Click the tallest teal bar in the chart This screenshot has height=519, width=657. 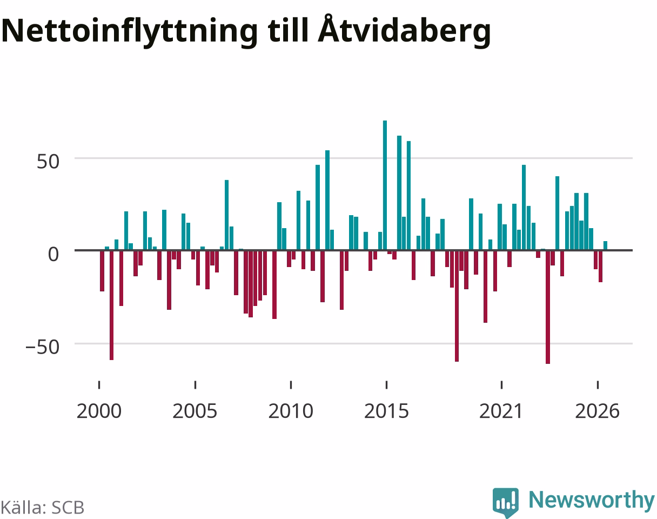click(385, 185)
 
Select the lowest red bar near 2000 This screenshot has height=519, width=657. click(111, 305)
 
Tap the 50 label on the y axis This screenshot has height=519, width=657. click(48, 162)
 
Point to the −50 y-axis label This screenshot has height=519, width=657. click(43, 347)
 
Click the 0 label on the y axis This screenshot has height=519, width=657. click(53, 254)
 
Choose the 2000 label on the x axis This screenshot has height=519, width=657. click(99, 411)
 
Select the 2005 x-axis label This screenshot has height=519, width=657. click(195, 411)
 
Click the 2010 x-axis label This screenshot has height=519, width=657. click(291, 411)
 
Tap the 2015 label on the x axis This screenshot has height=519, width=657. click(386, 411)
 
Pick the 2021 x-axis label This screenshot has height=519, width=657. click(501, 411)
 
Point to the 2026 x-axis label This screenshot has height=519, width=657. click(598, 411)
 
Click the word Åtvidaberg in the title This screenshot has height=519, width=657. click(404, 31)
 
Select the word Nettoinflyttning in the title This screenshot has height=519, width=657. click(130, 32)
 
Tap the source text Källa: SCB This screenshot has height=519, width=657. click(42, 508)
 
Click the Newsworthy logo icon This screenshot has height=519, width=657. click(506, 502)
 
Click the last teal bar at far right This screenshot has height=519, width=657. click(605, 245)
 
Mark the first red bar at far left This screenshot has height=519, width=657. click(102, 271)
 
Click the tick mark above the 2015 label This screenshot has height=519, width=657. click(386, 385)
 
